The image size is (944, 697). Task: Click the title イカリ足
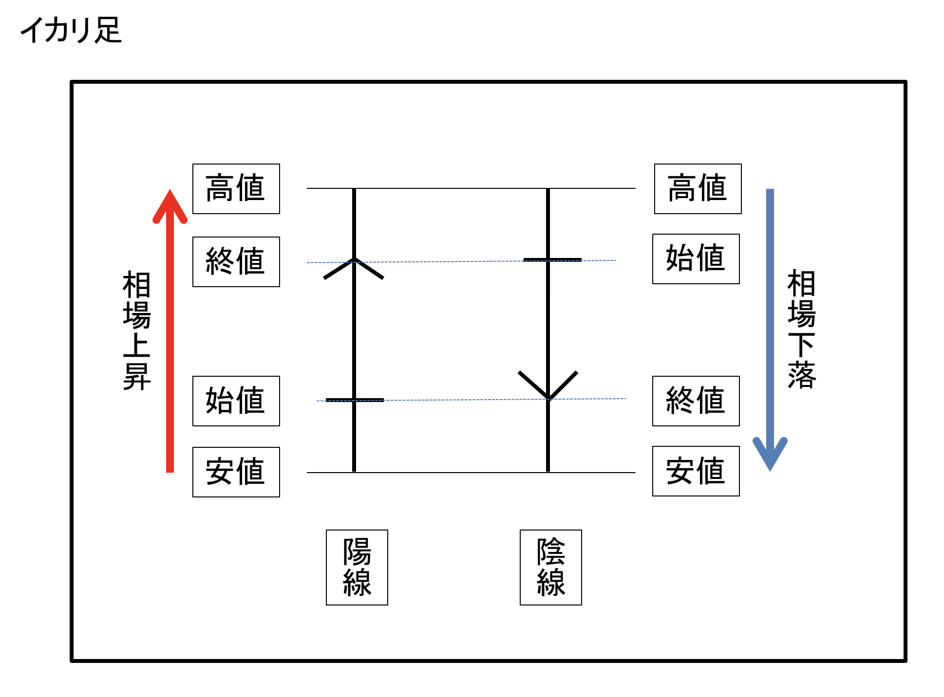point(71,30)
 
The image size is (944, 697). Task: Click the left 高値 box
point(236,189)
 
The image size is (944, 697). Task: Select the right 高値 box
point(698,189)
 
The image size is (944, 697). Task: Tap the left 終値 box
point(236,262)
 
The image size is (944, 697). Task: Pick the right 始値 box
point(696,259)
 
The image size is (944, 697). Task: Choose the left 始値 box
point(236,401)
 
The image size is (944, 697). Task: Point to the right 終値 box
point(696,401)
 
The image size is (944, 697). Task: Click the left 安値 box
point(236,472)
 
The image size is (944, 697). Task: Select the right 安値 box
point(696,471)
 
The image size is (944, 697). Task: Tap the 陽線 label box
point(357,568)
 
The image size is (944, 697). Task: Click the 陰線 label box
point(551,568)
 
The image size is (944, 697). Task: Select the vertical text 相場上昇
point(137,331)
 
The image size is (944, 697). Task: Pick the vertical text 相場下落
point(801,329)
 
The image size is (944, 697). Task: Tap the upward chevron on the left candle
point(354,267)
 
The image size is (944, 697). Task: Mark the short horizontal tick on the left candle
point(355,400)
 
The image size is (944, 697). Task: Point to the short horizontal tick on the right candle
point(552,260)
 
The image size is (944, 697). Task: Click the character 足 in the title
point(108,30)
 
